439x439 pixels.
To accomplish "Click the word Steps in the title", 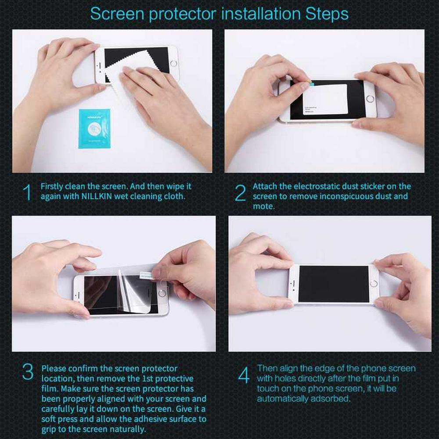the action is [x=327, y=14].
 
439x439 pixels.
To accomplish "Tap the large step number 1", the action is [x=27, y=192].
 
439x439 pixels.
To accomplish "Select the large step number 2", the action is [x=241, y=193].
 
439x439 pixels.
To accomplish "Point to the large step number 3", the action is [x=28, y=372].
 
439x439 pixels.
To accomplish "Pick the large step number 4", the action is [x=244, y=375].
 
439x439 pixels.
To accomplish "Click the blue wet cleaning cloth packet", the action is [x=95, y=129].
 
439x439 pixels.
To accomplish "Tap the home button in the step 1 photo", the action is [x=173, y=63].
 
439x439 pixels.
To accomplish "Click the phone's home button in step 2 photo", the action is [x=370, y=99].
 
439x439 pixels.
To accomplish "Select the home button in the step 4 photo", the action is [x=374, y=284].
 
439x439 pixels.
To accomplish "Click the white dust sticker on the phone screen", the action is [x=325, y=99].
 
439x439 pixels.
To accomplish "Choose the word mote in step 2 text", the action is [x=263, y=206].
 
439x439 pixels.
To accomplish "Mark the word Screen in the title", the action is [x=117, y=14].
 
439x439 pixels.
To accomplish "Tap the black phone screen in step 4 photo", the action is [x=334, y=284].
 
